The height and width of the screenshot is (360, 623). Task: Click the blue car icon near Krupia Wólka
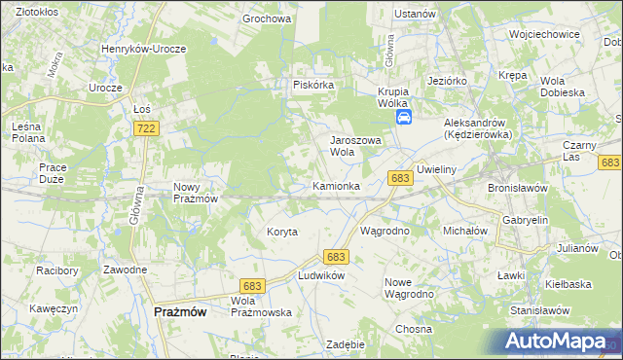[x=403, y=118]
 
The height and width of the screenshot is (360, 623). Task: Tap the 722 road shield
[x=147, y=128]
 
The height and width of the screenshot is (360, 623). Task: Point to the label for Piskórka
[x=313, y=86]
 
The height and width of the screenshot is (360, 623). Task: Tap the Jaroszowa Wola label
[x=354, y=145]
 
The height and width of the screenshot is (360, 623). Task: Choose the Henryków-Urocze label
[x=144, y=48]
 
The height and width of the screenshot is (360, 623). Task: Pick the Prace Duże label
[x=53, y=173]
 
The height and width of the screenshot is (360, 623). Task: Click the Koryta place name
[x=281, y=232]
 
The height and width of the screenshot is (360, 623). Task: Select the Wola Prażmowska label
[x=261, y=306]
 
